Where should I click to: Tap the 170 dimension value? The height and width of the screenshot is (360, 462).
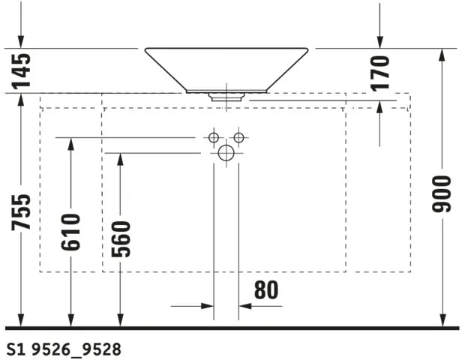[379, 71]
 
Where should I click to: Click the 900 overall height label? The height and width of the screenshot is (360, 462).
[442, 194]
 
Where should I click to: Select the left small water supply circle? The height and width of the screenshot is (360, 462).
[214, 137]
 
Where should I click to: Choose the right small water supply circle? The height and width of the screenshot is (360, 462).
[239, 137]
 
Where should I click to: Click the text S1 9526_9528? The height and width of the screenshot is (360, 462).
[63, 349]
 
